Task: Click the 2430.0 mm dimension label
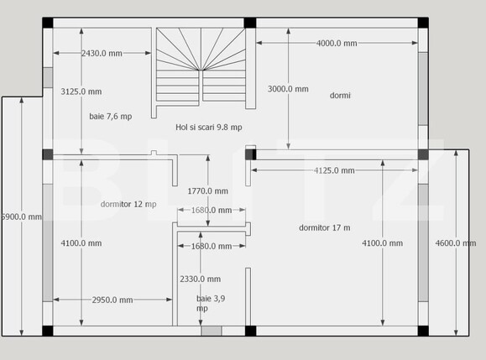click(102, 54)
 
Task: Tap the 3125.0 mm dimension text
click(81, 91)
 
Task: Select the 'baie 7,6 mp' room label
click(111, 117)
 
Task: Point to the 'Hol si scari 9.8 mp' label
click(209, 127)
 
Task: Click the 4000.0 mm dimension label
click(337, 43)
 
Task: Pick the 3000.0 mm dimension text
click(288, 89)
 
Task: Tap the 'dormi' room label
click(340, 95)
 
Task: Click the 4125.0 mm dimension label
click(334, 170)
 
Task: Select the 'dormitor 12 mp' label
click(128, 204)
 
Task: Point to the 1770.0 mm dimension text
click(207, 191)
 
